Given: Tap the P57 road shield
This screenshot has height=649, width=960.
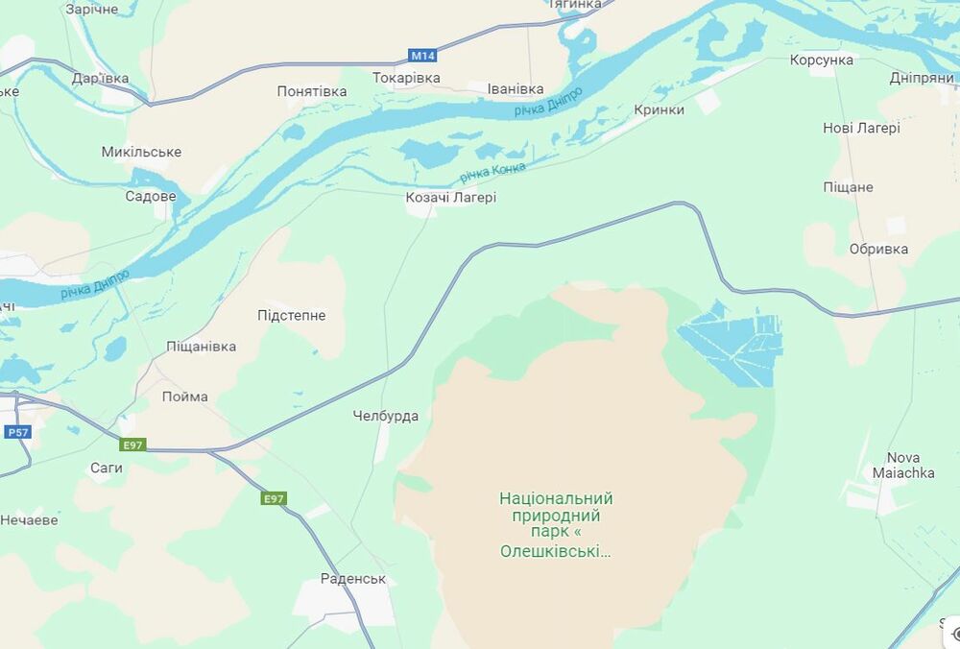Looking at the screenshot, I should click(x=18, y=432).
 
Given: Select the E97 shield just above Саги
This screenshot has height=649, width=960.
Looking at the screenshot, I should click(x=133, y=445).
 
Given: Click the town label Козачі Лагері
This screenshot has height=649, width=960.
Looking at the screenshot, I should click(x=450, y=198).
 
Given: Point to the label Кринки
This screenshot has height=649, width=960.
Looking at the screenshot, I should click(x=659, y=109).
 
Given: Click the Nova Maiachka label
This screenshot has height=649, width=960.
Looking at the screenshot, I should click(x=903, y=465).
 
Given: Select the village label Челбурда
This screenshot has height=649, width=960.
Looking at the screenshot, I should click(x=385, y=416).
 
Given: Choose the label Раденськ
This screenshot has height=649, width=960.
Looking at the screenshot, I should click(x=353, y=579).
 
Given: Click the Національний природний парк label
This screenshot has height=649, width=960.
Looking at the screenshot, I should click(x=556, y=524).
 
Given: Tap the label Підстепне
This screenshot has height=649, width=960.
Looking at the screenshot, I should click(x=291, y=315).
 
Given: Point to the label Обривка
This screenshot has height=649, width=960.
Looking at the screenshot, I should click(x=878, y=249).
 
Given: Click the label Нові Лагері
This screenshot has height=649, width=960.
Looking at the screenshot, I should click(x=861, y=128).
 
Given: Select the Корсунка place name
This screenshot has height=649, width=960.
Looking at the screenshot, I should click(x=821, y=60).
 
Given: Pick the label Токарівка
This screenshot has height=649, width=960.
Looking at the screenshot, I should click(x=406, y=77).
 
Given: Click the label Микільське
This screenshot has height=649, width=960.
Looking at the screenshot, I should click(x=141, y=152).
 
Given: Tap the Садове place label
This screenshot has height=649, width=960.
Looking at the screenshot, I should click(x=151, y=196).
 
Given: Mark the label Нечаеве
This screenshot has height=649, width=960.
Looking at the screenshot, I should click(x=29, y=519).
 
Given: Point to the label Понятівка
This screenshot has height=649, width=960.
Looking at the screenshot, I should click(x=312, y=91).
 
